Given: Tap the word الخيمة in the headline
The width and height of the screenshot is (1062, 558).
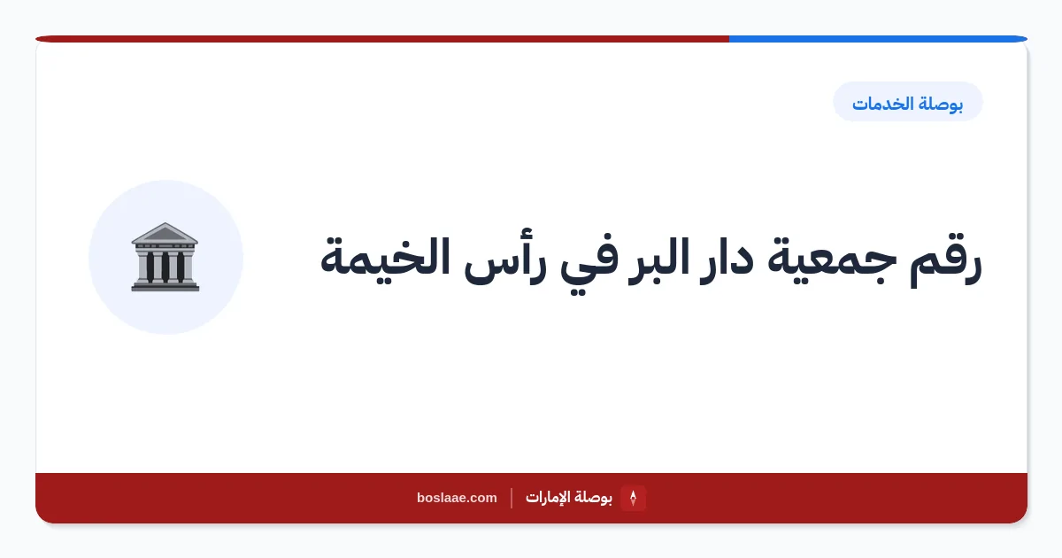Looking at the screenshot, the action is point(386,257).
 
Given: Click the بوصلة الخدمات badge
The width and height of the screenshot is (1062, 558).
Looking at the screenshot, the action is point(907,102).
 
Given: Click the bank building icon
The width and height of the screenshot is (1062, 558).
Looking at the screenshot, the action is point(165,257).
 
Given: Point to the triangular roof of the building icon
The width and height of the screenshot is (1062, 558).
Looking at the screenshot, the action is point(165,233).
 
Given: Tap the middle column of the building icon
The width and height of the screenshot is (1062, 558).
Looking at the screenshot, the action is point(165,267).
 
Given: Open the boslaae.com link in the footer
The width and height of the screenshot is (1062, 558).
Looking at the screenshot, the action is point(457,498).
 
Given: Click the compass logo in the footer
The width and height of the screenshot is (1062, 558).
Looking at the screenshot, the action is point(633,498).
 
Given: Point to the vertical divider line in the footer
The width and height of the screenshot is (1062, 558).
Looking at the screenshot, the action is point(512,498).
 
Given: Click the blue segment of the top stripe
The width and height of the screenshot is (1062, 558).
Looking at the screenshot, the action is point(878,39).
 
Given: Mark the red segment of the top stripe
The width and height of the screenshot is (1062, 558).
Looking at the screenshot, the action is point(382,39).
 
